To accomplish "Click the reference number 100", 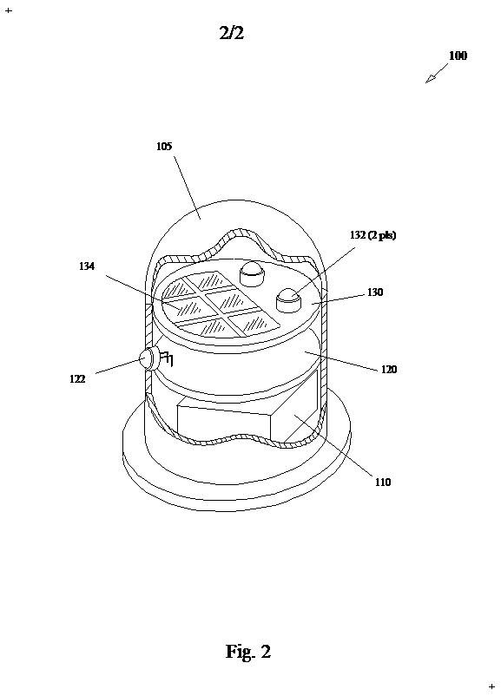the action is (x=458, y=56).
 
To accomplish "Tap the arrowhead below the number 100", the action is (x=430, y=79).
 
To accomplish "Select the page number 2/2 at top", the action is (x=232, y=32).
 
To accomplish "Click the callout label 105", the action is (x=164, y=146).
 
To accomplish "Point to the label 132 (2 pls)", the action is (x=372, y=235).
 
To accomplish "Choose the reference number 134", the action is (x=87, y=266).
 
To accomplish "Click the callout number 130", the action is (x=375, y=292).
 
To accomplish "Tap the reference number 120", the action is (x=389, y=370).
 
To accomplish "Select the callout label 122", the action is (x=77, y=378).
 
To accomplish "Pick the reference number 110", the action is (x=383, y=482).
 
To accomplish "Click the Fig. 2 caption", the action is (x=248, y=652).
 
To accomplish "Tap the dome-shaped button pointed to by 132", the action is (x=288, y=300).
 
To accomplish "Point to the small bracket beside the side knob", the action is (x=167, y=358).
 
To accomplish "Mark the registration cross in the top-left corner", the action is (x=9, y=10).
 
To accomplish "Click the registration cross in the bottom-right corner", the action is (x=491, y=686).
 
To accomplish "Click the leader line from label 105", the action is (x=187, y=187).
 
